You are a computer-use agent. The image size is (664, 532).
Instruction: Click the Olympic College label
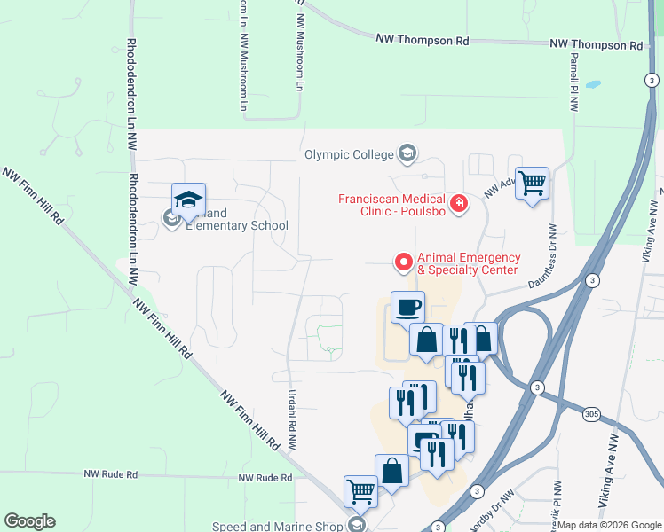(x=348, y=154)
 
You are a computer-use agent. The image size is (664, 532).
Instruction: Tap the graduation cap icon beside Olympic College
(x=407, y=154)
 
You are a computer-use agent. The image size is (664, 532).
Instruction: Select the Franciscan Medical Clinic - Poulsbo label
(x=392, y=206)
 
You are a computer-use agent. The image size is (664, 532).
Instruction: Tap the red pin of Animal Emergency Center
(x=403, y=262)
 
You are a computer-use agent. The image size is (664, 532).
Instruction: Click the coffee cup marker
(x=407, y=308)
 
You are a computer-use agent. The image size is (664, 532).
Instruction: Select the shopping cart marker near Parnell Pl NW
(x=532, y=184)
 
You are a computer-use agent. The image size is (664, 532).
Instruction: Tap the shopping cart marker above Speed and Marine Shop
(x=360, y=491)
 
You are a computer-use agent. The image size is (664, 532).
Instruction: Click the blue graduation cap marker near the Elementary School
(x=188, y=199)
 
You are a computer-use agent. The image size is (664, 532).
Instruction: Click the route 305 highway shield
(x=592, y=414)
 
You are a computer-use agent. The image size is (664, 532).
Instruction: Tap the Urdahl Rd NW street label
(x=290, y=419)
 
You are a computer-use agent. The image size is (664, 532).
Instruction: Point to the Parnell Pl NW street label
(x=574, y=81)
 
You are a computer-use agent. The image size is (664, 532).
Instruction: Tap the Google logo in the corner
(x=29, y=521)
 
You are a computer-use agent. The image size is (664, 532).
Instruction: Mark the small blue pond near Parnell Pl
(x=593, y=85)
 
